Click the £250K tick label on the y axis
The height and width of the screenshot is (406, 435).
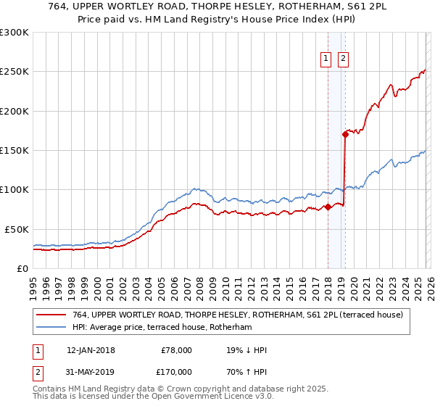tap(14, 72)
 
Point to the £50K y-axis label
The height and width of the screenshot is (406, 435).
tap(17, 228)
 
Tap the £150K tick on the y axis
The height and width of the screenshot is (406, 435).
tap(14, 150)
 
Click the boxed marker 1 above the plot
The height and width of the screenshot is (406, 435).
tap(327, 59)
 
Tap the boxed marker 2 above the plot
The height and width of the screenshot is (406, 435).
tap(343, 59)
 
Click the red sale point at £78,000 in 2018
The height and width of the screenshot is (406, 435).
tap(328, 207)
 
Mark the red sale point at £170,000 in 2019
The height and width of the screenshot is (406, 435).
tap(345, 133)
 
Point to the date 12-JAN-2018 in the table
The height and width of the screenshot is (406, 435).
tap(91, 350)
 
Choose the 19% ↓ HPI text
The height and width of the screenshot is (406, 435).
tap(246, 350)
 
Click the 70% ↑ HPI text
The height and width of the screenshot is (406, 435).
tap(246, 371)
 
